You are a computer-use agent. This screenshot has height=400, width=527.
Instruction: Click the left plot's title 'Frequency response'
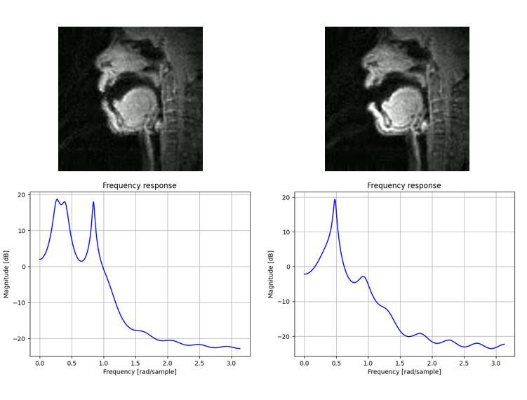140,186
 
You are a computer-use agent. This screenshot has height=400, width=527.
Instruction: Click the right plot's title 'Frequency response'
404,186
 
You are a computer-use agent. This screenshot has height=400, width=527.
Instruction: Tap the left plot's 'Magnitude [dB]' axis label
6,274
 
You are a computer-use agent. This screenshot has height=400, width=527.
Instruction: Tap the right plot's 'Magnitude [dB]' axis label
272,274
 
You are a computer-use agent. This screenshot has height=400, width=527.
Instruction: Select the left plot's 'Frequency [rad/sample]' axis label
140,371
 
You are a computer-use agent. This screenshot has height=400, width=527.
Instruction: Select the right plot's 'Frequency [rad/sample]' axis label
404,371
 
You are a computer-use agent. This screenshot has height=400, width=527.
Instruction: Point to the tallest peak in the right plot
335,199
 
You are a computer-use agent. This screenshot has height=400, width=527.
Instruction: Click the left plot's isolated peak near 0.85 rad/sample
93,202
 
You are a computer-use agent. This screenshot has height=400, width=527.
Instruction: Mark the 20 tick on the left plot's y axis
22,194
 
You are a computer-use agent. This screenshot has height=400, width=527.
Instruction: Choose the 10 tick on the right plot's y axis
288,232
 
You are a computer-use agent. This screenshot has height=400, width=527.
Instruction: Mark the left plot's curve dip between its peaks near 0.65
81,261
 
